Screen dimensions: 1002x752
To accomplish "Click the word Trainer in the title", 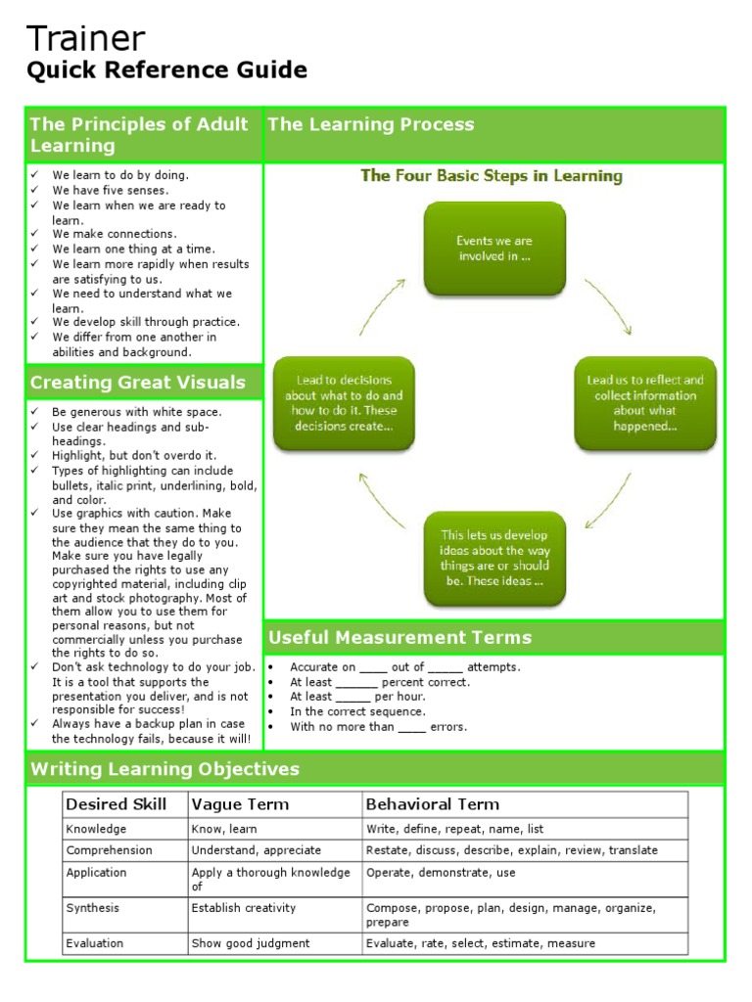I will click(85, 39).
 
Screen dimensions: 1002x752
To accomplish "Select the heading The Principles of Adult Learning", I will click(138, 135).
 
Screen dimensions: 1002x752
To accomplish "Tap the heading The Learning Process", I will click(370, 124).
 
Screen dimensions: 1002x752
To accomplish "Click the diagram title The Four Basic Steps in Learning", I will click(492, 176).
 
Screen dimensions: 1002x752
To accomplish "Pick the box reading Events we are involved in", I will click(494, 249).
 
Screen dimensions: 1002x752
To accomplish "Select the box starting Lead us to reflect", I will click(645, 403).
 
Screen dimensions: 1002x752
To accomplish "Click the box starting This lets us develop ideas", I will click(494, 558).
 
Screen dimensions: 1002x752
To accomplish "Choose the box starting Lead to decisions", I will click(344, 403).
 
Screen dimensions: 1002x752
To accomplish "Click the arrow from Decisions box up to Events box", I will click(380, 305).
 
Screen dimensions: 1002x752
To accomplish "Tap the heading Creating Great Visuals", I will click(137, 383).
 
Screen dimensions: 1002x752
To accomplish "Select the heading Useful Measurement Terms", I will click(399, 638).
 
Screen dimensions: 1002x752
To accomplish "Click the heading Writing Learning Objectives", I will click(164, 769).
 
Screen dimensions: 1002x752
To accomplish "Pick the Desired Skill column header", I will click(116, 804).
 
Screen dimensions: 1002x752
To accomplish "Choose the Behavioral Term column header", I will click(432, 804).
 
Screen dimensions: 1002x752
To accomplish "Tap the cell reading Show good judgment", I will click(251, 943).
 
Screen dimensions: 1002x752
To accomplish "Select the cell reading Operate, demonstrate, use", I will click(441, 873).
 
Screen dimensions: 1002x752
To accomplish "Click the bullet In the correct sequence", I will click(357, 712).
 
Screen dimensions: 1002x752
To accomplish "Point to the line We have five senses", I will click(111, 191).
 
